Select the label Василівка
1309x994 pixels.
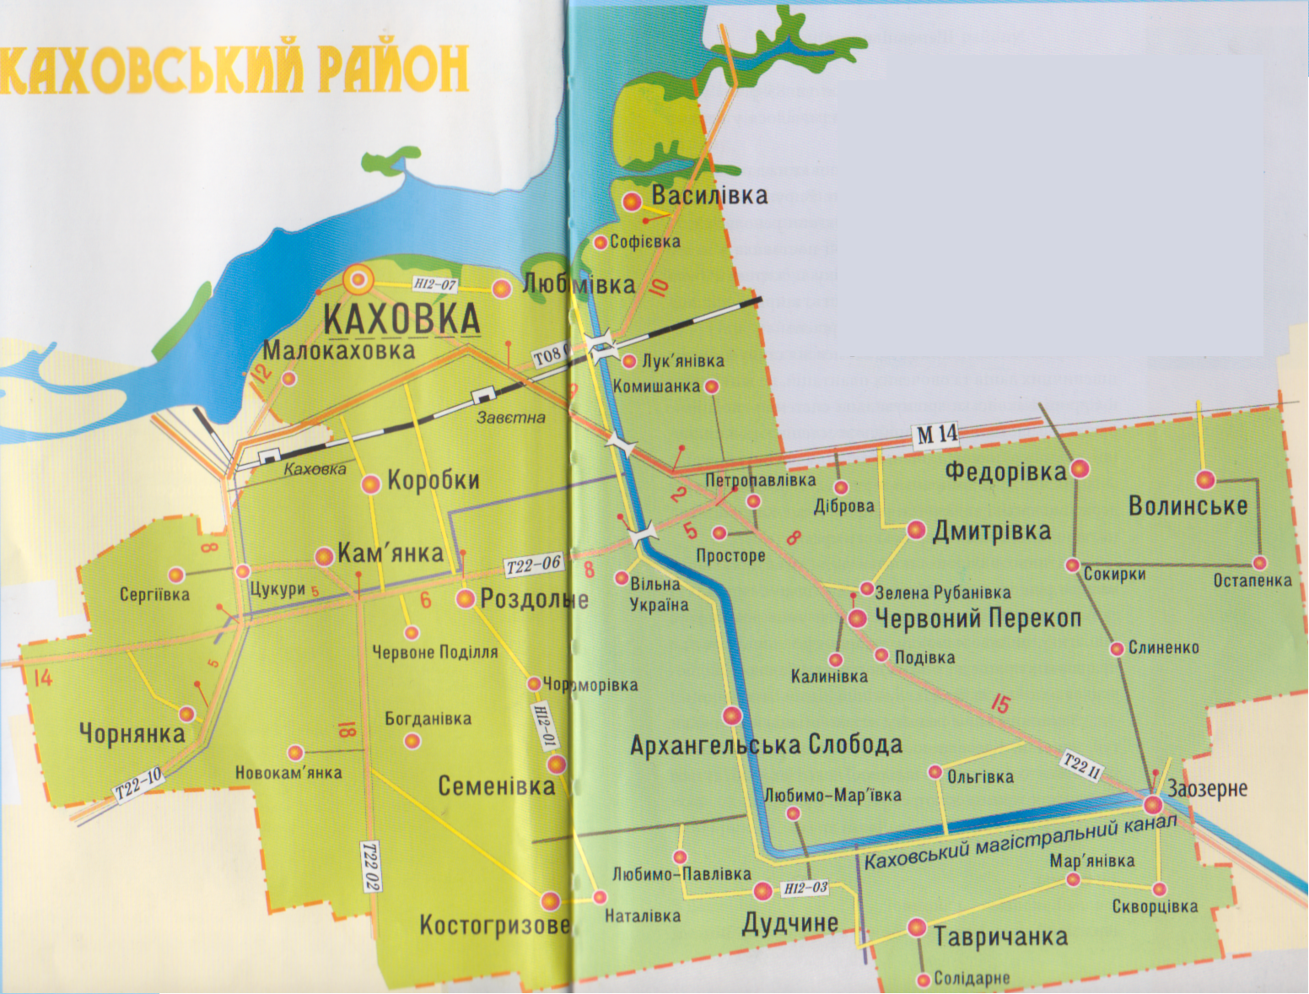pos(709,196)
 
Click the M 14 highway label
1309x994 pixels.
pos(937,435)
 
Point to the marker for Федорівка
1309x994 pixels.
pos(1080,469)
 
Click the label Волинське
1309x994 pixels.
pos(1188,506)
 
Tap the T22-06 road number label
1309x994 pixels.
pos(533,565)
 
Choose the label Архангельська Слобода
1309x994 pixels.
pos(766,745)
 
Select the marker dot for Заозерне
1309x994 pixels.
pos(1153,804)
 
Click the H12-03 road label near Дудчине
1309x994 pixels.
pos(805,889)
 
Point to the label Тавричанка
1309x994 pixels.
pos(1000,937)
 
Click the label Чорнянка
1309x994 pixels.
pos(132,733)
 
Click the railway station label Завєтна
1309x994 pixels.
pos(510,418)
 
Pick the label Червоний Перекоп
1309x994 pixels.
pos(978,619)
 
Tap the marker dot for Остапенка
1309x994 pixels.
pos(1259,563)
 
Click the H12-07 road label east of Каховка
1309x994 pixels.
pos(435,285)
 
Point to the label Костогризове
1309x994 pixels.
pos(494,926)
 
